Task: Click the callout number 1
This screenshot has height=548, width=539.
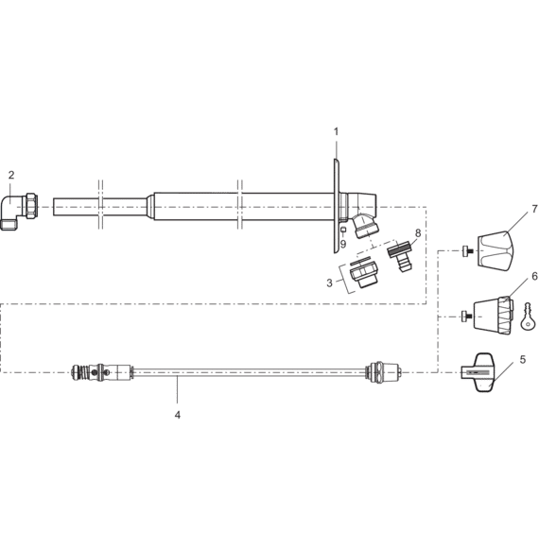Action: click(336, 131)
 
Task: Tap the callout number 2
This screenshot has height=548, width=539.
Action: click(11, 175)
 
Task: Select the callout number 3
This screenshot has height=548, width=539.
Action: click(329, 283)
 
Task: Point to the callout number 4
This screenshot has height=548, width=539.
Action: click(178, 415)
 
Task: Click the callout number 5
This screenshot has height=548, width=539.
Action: click(523, 359)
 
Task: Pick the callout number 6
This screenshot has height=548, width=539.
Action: click(534, 276)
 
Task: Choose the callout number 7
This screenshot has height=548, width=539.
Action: click(534, 209)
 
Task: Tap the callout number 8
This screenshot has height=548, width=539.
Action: click(418, 232)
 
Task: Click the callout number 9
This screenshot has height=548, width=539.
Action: click(343, 244)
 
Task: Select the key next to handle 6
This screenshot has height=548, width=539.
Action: click(527, 317)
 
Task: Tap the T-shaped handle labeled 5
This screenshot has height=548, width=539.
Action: click(478, 372)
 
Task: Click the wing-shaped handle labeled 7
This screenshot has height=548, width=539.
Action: click(496, 250)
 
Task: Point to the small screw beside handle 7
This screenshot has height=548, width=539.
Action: click(467, 250)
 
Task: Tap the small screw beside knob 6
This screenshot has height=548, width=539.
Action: click(467, 317)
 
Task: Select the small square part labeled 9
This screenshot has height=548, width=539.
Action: click(343, 230)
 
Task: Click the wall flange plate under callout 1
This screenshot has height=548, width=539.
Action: click(336, 206)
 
